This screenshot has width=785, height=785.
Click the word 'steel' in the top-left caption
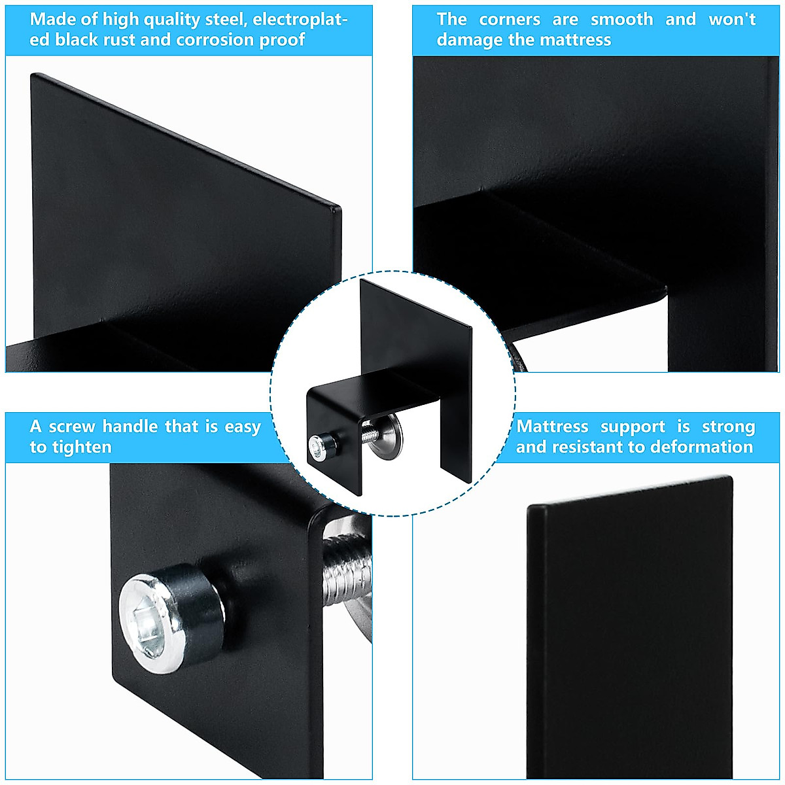point(224,20)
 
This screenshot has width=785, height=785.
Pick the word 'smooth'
point(621,20)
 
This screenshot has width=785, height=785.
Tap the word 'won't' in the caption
point(732,20)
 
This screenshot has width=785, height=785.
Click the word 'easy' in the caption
point(243,427)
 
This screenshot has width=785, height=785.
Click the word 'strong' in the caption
point(728,427)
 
